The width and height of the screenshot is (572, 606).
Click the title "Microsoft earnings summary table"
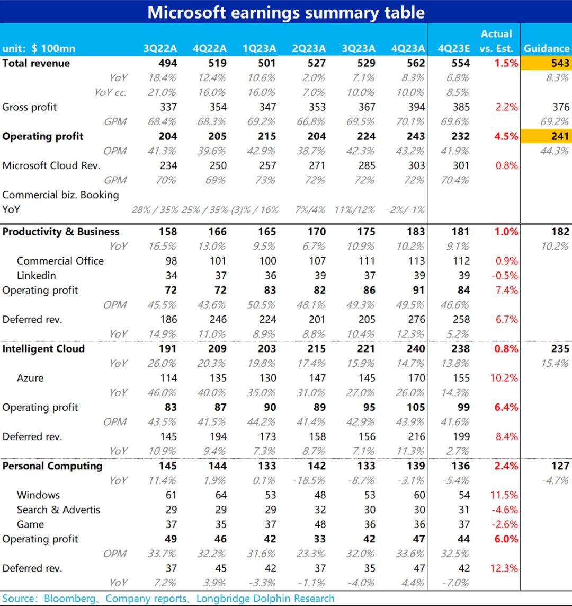[x=286, y=12]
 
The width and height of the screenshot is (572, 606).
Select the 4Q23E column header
[x=454, y=49]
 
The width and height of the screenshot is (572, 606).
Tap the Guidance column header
[x=546, y=49]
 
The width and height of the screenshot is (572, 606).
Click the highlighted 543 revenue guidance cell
[x=546, y=63]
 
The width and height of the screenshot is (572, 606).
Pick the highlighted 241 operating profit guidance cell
[x=546, y=136]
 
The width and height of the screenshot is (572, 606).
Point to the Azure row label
[x=30, y=378]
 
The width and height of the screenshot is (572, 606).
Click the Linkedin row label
[x=36, y=276]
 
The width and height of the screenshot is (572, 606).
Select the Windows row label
[x=38, y=495]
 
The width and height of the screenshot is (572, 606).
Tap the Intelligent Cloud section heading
[x=43, y=349]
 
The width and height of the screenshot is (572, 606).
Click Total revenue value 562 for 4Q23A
[x=416, y=63]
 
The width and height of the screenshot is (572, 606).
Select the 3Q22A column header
[x=160, y=49]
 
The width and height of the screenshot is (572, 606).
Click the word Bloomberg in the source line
[x=69, y=599]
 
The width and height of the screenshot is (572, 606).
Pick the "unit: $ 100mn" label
[x=39, y=49]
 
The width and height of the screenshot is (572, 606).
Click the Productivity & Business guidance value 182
[x=560, y=232]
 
